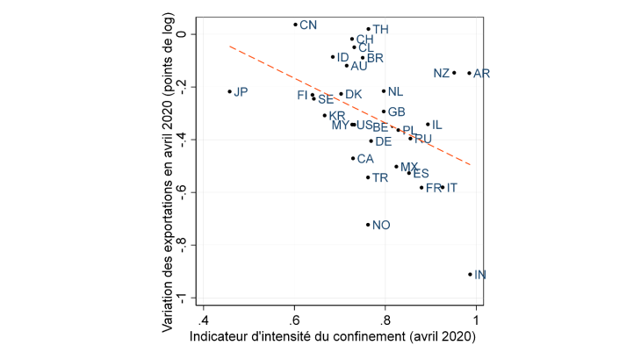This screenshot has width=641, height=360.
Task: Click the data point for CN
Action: pos(295,25)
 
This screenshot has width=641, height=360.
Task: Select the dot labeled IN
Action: pos(471,274)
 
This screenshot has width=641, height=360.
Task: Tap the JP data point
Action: pos(230,91)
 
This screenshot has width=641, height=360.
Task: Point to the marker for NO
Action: pos(368,225)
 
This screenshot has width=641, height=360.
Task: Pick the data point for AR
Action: pos(470,73)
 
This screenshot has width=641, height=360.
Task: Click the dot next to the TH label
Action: pos(368,29)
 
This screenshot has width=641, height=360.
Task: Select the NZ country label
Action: pos(442,73)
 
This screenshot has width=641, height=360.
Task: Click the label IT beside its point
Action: pos(451,188)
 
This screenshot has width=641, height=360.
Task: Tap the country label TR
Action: pos(380,177)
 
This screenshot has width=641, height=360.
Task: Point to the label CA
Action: pos(365,159)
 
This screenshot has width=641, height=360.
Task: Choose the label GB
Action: pos(396,112)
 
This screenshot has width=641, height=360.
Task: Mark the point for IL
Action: pos(428,125)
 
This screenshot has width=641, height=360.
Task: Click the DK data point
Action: pos(341,94)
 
